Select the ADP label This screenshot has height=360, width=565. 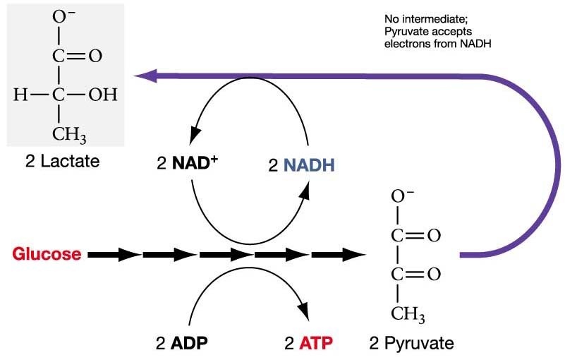(189, 344)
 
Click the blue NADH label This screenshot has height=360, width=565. (309, 165)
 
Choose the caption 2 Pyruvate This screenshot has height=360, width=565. (411, 344)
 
